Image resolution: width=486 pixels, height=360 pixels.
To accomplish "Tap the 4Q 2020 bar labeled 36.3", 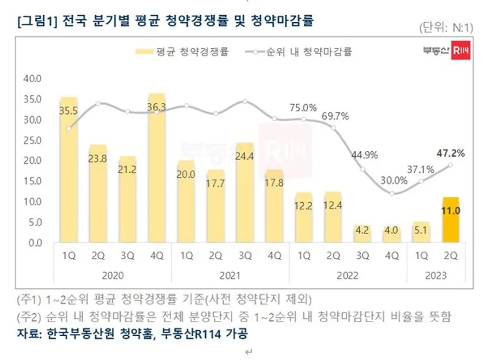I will (157, 168).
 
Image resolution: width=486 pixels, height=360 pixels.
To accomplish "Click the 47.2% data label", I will (451, 153).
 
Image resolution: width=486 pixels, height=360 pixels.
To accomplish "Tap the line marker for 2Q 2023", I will (451, 165).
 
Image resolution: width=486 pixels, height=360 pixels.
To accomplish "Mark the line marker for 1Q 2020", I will (69, 128).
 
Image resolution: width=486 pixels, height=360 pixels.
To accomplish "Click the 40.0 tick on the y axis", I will (33, 79).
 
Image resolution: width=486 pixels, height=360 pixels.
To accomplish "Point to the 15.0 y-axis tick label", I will (33, 181).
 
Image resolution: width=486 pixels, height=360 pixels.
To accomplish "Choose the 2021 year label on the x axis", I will (230, 275).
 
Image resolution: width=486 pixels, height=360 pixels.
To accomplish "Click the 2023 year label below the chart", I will (436, 275).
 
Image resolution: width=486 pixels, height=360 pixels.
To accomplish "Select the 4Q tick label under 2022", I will (392, 256).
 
